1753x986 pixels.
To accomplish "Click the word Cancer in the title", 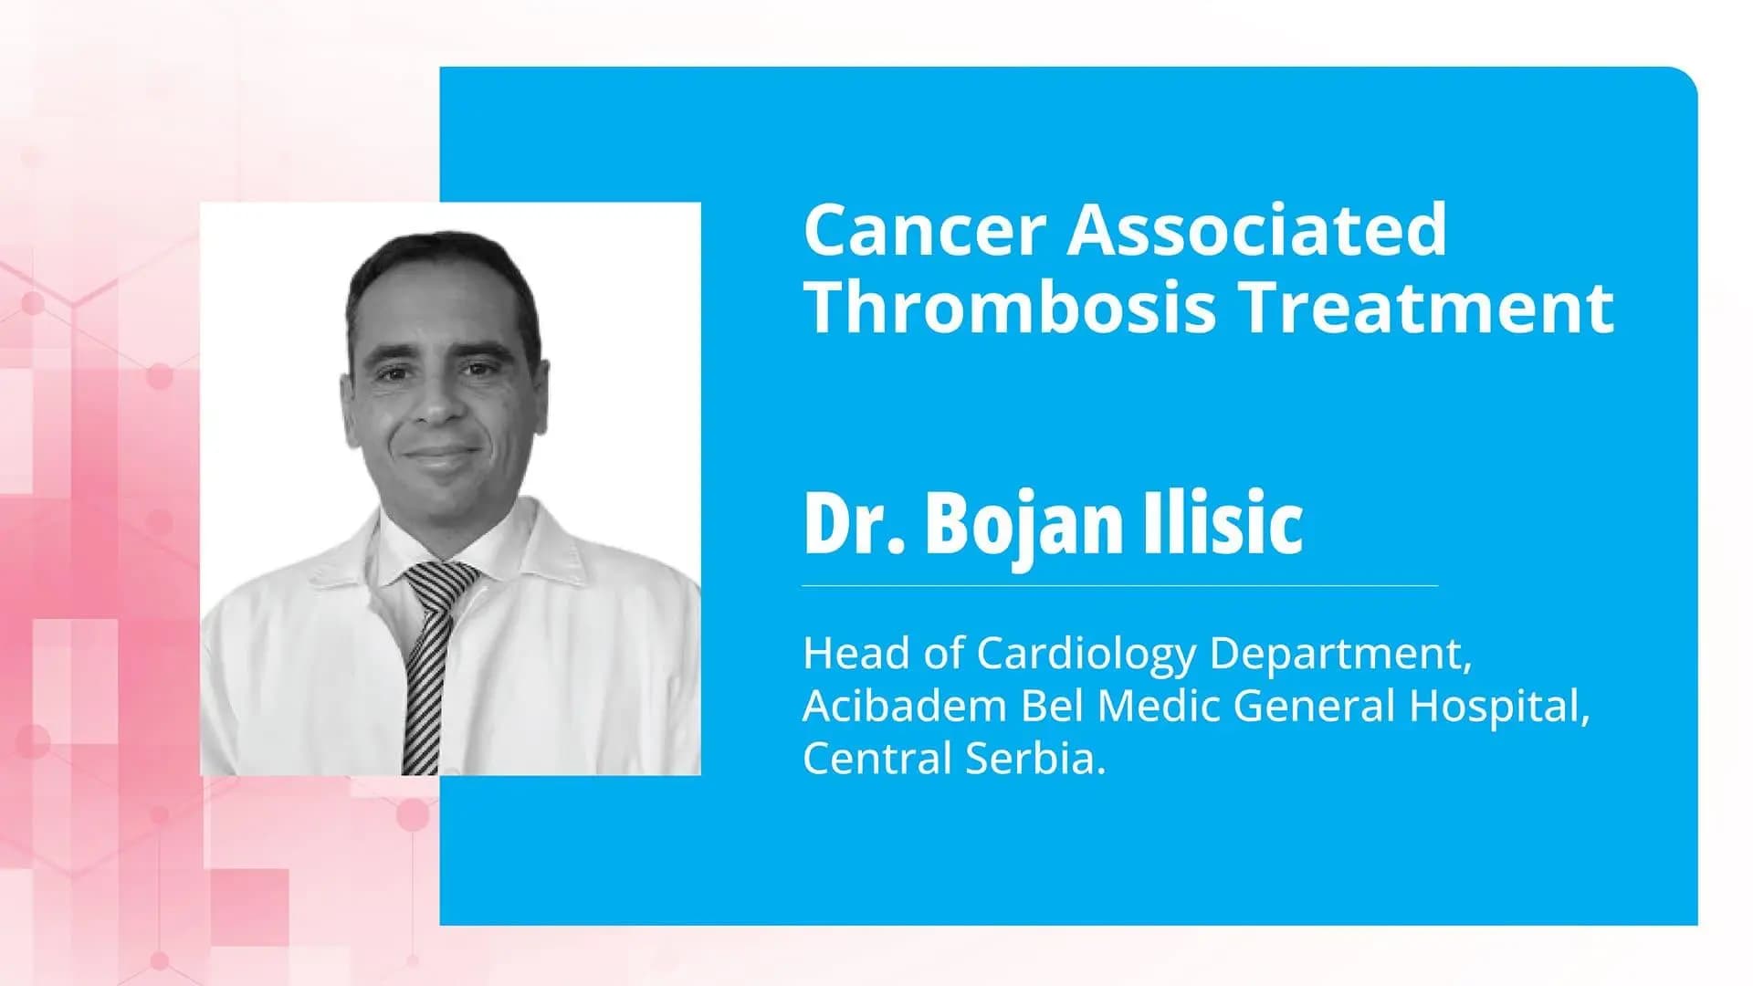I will click(x=924, y=230).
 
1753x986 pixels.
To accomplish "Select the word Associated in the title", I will click(x=1257, y=230).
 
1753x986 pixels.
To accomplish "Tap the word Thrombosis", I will click(x=1010, y=308).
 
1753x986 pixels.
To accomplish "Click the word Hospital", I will click(x=1497, y=706).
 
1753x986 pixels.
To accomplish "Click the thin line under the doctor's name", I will click(x=1119, y=585).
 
